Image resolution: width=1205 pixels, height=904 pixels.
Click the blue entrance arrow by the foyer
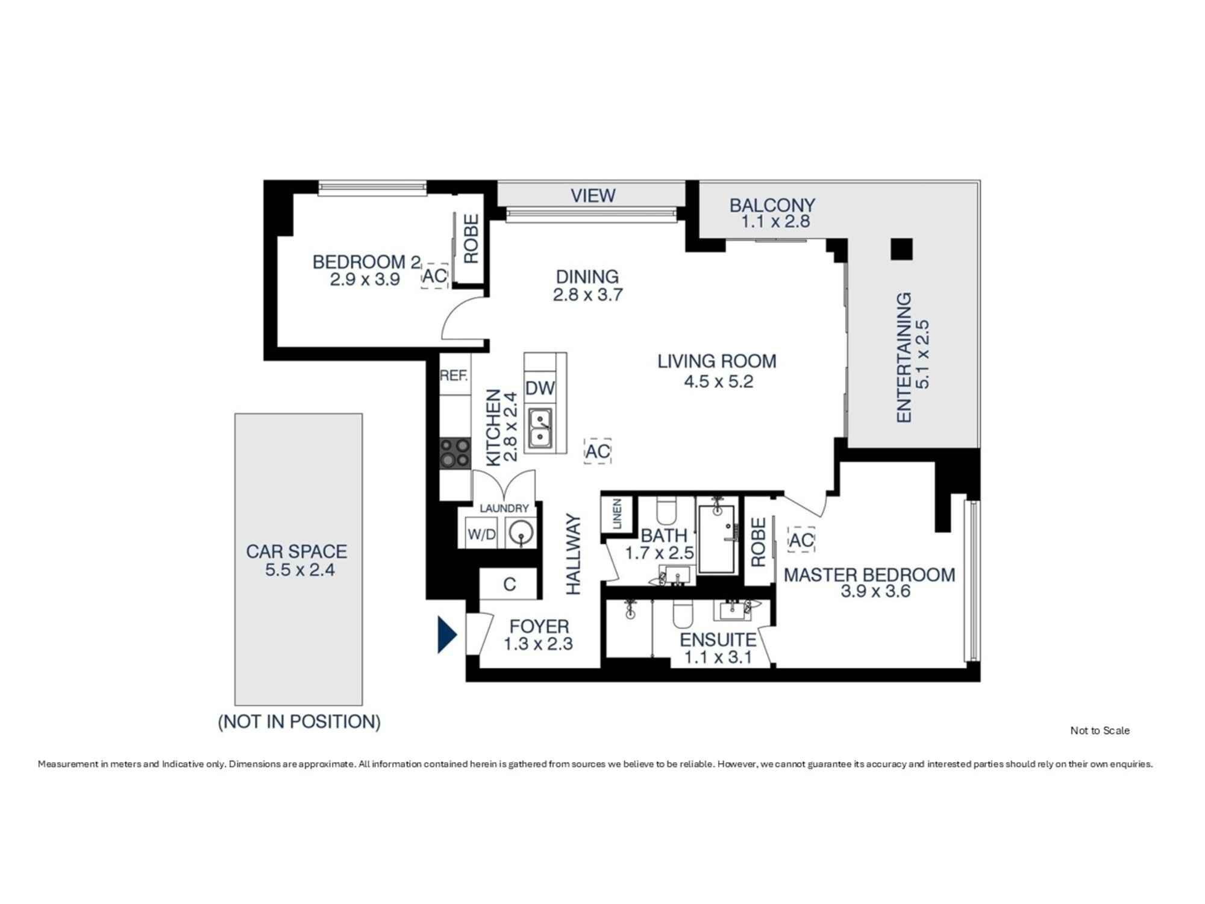446,635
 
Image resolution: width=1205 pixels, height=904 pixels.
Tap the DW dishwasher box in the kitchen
539,388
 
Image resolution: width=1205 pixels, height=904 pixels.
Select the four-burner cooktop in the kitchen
454,453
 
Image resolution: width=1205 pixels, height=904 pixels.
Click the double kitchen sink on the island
540,428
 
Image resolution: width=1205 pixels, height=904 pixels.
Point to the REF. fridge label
454,376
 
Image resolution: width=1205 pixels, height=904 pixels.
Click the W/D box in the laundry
481,535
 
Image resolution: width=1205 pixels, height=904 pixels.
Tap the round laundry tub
520,533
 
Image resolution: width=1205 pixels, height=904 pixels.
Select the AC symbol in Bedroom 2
434,276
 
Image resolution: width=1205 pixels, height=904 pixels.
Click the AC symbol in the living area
598,451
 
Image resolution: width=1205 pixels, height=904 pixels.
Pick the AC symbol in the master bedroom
801,540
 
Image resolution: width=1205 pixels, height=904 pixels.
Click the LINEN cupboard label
617,515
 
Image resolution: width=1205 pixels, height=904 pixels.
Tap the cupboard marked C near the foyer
509,584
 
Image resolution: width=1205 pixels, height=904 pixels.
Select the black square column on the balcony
901,249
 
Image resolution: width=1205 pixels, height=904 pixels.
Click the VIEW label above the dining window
593,196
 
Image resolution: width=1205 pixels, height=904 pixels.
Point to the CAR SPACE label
296,551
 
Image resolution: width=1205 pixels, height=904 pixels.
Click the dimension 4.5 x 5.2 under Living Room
718,381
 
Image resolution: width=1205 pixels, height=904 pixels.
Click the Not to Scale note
1100,730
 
